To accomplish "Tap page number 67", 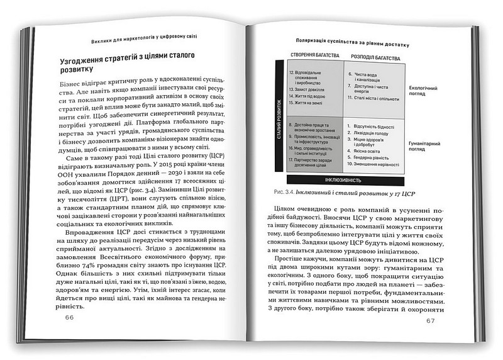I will click(x=430, y=321).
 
